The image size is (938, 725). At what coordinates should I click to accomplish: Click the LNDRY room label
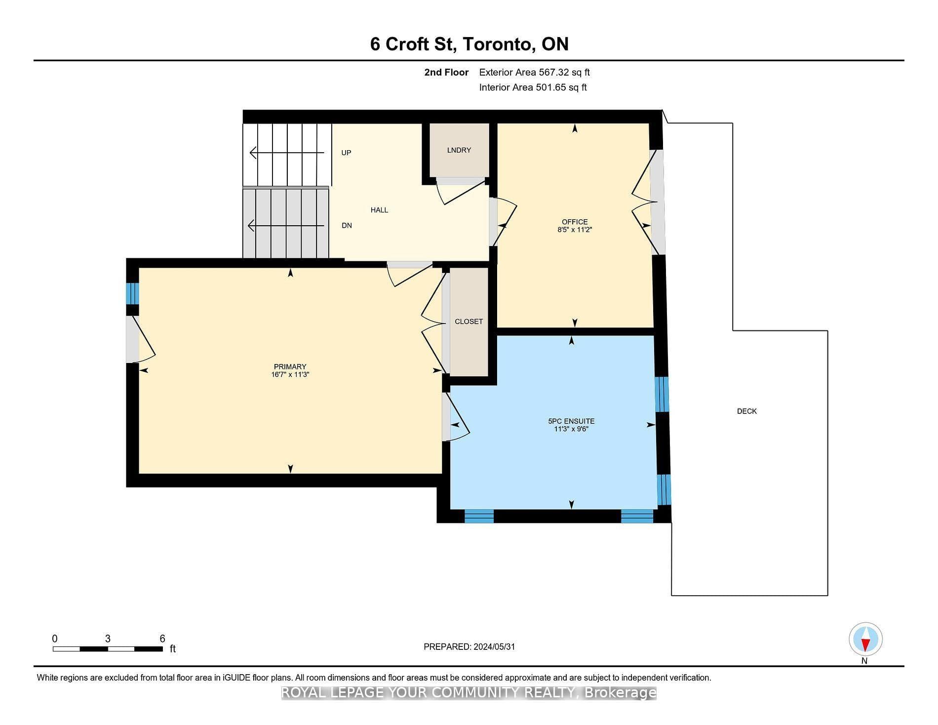[x=459, y=150]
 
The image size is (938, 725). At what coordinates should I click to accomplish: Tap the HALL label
[x=379, y=210]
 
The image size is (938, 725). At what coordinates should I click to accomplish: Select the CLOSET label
[x=469, y=322]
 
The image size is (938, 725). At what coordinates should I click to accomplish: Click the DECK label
[x=746, y=411]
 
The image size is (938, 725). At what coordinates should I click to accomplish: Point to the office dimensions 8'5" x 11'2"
[x=574, y=230]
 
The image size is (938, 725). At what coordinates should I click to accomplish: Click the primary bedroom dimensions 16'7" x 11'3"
[x=290, y=374]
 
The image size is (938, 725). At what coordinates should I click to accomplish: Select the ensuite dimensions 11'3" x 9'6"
[x=571, y=429]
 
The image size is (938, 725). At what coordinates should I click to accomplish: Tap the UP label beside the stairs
[x=346, y=153]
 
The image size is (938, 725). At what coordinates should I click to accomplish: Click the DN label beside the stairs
[x=347, y=225]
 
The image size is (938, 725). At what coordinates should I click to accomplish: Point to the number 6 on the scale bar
[x=162, y=639]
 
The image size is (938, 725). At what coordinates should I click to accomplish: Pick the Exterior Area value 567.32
[x=555, y=72]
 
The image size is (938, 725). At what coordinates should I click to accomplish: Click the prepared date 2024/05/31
[x=494, y=647]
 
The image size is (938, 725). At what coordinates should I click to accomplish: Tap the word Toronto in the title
[x=498, y=44]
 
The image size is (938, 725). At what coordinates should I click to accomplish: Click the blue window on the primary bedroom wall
[x=132, y=293]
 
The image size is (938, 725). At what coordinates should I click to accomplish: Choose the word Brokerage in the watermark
[x=620, y=693]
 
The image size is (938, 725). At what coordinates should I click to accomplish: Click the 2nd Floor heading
[x=446, y=72]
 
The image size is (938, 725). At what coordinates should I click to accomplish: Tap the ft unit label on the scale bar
[x=173, y=649]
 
